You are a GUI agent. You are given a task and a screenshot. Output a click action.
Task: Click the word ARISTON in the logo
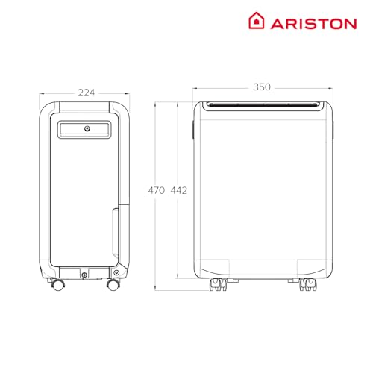point(313,22)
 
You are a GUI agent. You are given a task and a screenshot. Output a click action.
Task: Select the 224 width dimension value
point(87,93)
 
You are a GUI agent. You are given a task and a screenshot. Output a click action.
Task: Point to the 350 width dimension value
point(261,87)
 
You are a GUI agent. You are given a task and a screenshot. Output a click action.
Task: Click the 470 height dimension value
point(156,190)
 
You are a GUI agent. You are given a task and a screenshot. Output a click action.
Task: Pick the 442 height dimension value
point(178,190)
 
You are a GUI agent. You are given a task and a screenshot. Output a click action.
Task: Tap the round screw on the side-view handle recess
point(87,130)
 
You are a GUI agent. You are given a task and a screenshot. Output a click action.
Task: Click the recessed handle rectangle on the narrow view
point(87,130)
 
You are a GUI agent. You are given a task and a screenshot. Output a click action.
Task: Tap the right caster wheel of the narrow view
point(113,285)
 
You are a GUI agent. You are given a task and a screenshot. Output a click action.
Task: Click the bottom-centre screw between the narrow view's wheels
point(87,275)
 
